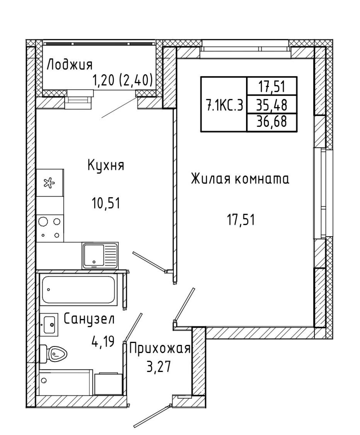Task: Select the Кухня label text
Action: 106,166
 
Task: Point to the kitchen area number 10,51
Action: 106,204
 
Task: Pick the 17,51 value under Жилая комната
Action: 241,220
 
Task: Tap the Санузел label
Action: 89,318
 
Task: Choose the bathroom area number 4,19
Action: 103,341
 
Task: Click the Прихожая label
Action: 160,349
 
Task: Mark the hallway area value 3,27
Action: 159,367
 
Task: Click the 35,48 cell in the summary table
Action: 272,105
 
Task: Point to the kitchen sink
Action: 100,256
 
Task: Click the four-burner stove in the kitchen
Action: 50,228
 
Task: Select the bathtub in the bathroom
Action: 78,290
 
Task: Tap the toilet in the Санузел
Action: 53,354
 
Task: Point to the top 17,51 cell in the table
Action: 272,87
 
